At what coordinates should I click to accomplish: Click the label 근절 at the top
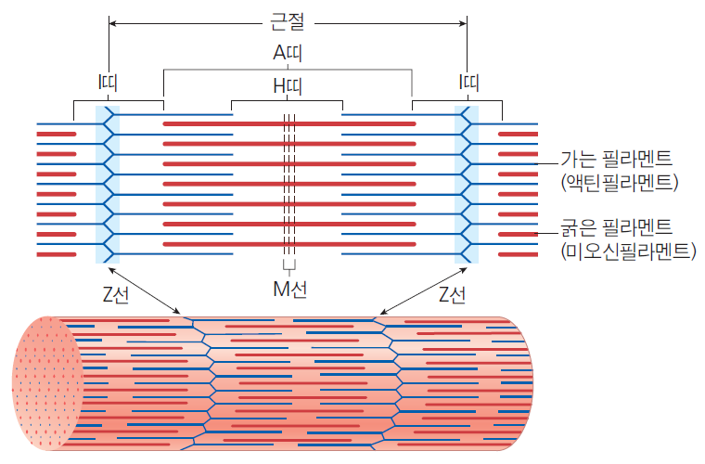288,21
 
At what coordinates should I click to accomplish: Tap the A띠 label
288,53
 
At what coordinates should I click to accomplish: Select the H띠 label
288,86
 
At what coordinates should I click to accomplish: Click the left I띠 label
108,83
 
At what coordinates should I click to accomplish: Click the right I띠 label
468,83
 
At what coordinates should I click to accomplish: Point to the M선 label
290,290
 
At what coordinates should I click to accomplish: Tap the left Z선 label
116,295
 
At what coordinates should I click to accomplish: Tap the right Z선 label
452,295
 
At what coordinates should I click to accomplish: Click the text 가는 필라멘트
617,159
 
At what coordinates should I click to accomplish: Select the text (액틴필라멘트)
620,182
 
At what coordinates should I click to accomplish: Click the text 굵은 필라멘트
617,227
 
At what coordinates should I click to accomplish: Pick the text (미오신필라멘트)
628,251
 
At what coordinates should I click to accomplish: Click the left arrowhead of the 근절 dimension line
112,23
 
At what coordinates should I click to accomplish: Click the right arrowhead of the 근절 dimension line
463,23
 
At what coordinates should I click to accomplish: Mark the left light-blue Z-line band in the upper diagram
108,185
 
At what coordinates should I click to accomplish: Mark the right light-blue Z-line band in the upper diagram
467,185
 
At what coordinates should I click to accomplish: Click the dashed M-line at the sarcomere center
289,185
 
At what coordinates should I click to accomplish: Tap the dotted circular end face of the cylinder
47,383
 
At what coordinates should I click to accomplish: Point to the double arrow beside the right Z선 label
423,290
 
